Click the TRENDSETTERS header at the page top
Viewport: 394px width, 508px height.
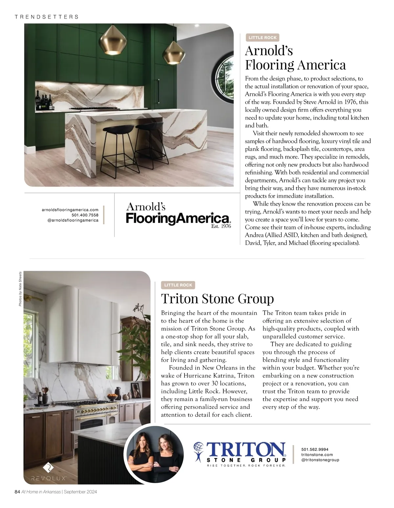point(47,17)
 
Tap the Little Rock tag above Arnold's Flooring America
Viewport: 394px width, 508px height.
point(262,38)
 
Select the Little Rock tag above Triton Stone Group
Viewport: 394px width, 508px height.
point(178,285)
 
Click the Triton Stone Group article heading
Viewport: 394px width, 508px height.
point(217,299)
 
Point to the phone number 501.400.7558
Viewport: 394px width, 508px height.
point(85,215)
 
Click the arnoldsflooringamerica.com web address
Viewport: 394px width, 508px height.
point(70,210)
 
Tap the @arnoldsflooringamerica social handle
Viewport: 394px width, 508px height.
point(73,220)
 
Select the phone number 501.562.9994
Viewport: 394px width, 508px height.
point(315,450)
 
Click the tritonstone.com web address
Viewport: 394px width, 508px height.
point(317,455)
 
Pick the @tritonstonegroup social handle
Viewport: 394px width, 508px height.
point(320,460)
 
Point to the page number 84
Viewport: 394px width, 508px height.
point(17,492)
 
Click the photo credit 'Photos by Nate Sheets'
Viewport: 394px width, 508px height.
point(20,289)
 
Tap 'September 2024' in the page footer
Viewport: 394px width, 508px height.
point(80,492)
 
